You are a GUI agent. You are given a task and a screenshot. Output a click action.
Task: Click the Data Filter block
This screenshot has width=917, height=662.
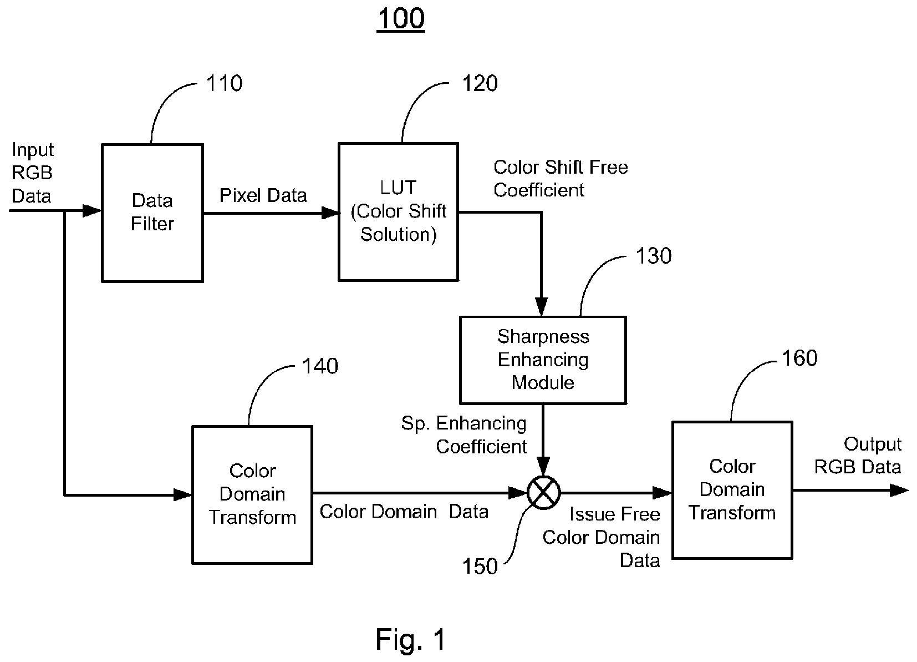[152, 213]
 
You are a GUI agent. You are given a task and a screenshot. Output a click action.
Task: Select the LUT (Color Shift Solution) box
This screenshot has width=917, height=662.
[398, 212]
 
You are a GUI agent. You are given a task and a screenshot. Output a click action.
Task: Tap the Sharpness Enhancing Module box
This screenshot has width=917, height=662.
[543, 360]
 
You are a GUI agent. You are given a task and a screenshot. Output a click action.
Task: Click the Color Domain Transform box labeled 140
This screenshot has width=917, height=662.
[252, 495]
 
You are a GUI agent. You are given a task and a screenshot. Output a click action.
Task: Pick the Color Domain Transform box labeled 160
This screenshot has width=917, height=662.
[732, 490]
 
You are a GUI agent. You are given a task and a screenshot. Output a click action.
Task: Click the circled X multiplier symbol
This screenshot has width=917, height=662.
[543, 493]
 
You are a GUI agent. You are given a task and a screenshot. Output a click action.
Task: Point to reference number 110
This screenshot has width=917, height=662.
[225, 83]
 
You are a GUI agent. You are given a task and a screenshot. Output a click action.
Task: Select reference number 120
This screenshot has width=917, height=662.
[480, 83]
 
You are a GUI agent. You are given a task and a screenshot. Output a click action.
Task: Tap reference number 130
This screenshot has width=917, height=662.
[653, 256]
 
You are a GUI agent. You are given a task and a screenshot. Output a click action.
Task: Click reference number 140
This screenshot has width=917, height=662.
[320, 366]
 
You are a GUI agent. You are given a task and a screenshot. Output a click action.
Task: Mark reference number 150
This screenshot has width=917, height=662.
[480, 567]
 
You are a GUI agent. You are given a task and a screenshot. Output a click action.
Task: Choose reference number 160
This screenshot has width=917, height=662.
[799, 358]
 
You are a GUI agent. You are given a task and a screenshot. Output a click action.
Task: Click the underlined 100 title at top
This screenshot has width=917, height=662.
[401, 19]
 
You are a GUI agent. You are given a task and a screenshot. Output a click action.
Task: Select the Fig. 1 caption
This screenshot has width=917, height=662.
[411, 639]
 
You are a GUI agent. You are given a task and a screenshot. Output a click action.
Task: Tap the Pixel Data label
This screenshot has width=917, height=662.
[263, 195]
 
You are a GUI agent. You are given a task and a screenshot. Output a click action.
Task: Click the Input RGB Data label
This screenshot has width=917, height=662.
[32, 173]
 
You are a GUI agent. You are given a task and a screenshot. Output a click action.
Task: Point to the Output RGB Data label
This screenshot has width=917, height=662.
[858, 456]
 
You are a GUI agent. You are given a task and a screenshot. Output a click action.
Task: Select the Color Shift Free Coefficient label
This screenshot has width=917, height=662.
[561, 179]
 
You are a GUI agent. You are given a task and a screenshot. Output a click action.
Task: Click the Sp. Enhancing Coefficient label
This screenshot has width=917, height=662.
[464, 434]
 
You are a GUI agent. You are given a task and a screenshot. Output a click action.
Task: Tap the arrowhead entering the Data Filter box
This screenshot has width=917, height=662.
[92, 211]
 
